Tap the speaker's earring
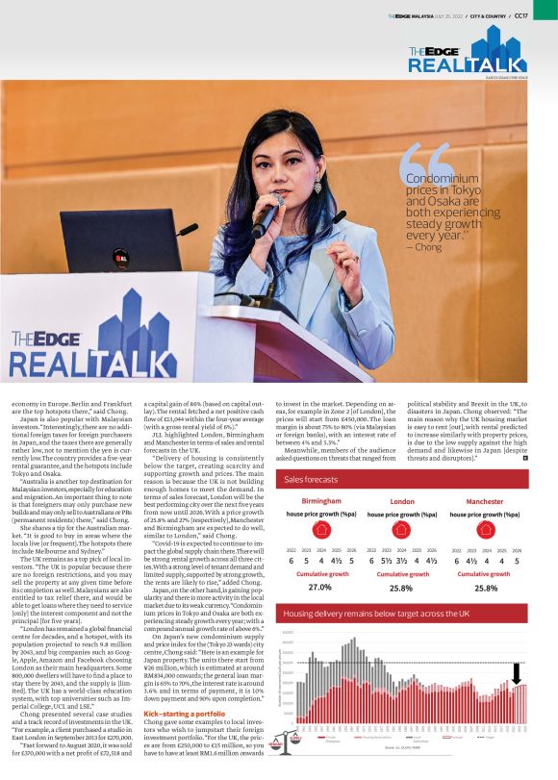pos(317,186)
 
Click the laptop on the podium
pos(107,241)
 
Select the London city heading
pos(402,501)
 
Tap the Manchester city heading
pos(484,501)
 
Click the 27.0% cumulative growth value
pos(319,587)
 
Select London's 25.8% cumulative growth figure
pos(402,587)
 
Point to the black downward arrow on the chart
pos(517,671)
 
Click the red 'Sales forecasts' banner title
pos(312,478)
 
